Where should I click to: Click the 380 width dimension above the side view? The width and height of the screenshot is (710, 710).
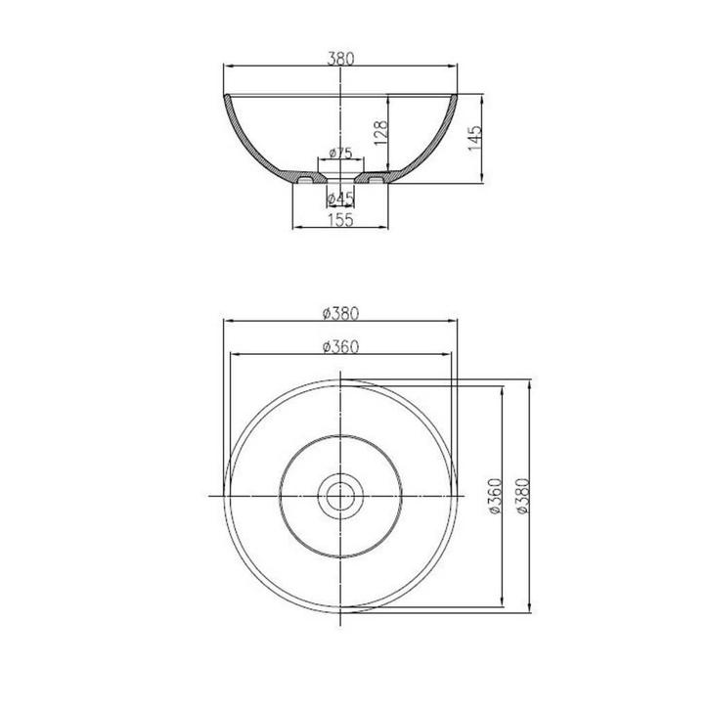341,58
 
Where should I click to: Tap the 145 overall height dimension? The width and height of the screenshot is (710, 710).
472,137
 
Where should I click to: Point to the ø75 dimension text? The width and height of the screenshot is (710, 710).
340,153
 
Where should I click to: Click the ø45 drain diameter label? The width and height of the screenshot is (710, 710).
339,199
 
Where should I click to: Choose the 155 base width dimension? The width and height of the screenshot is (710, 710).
339,220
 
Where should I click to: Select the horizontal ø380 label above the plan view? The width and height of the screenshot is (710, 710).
340,314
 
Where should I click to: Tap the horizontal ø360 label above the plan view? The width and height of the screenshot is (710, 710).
340,346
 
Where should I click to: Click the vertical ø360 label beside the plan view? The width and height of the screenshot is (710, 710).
494,497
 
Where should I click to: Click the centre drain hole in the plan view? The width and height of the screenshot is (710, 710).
340,497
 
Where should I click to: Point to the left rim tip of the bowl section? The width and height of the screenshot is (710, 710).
227,96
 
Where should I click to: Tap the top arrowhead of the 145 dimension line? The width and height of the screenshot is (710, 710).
482,98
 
